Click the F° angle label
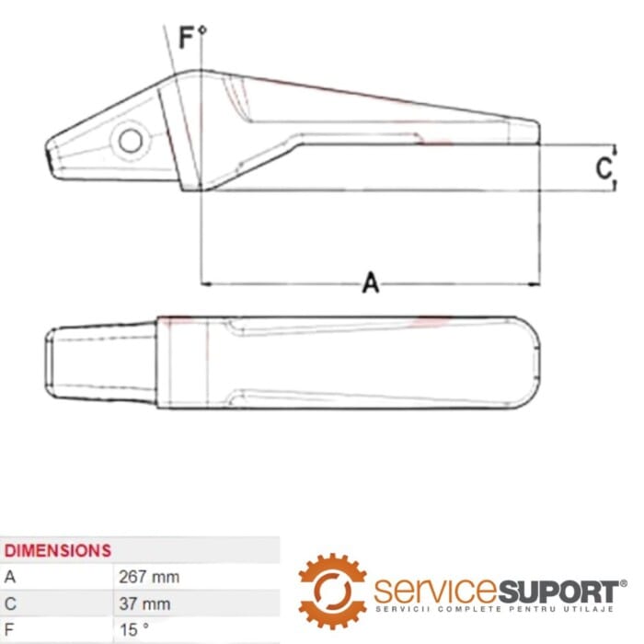click(x=192, y=37)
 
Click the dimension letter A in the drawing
click(x=371, y=282)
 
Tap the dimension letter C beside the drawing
click(x=604, y=168)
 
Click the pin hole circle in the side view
click(x=131, y=141)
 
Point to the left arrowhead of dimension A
click(x=206, y=283)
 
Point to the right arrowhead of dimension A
click(x=534, y=283)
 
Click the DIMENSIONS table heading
click(x=58, y=551)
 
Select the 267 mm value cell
click(x=149, y=577)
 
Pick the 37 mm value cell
click(x=144, y=604)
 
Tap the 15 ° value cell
click(x=134, y=629)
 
